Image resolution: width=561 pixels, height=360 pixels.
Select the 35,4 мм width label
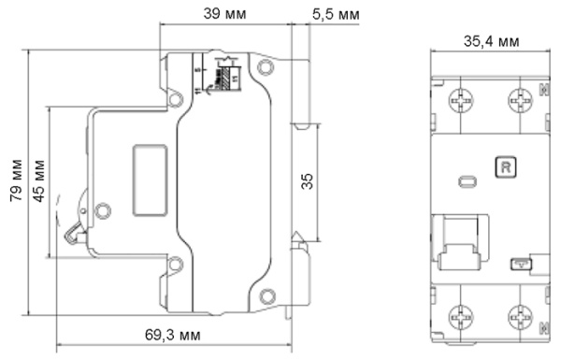click(x=492, y=41)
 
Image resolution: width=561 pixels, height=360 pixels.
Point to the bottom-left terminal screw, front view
click(x=460, y=317)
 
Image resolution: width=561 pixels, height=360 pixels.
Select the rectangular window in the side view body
click(x=149, y=180)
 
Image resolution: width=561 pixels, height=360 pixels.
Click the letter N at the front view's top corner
click(x=543, y=90)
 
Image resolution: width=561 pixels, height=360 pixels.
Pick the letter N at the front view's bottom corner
click(x=543, y=327)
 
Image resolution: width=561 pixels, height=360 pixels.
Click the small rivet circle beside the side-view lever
click(x=103, y=210)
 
